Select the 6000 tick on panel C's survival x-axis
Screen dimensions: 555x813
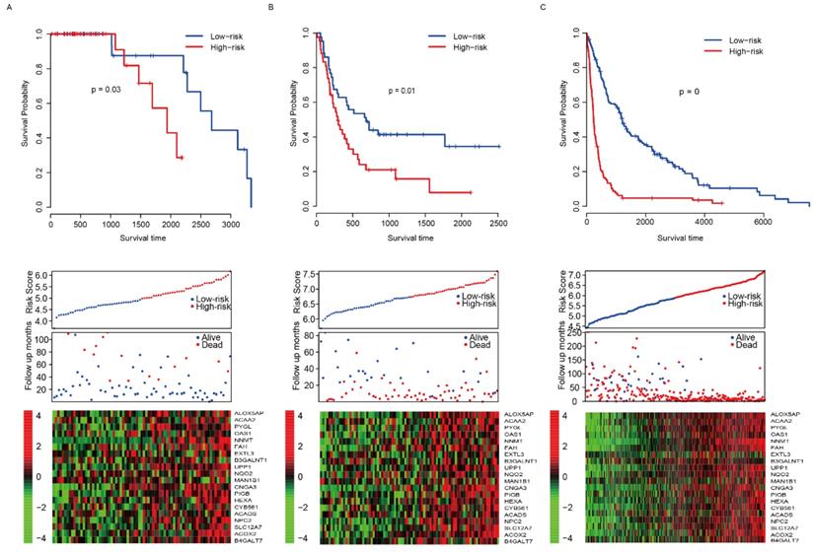764,223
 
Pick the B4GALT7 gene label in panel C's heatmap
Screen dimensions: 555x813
784,540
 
